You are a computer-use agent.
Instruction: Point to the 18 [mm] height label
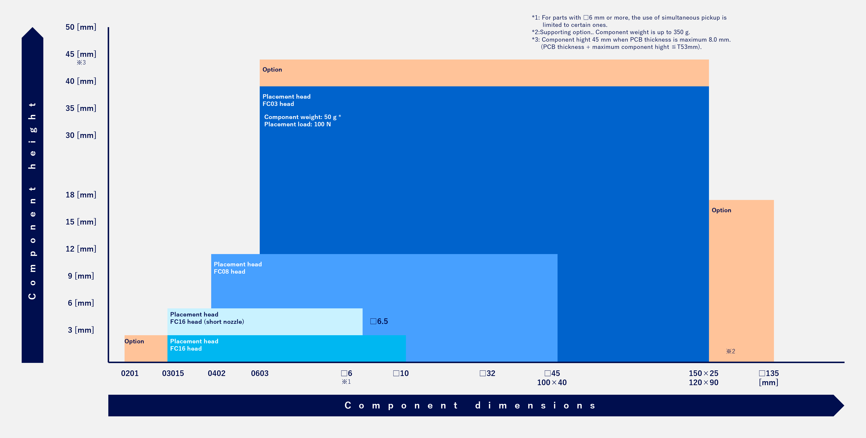pos(81,195)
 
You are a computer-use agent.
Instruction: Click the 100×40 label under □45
pos(552,383)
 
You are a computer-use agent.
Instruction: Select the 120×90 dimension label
pos(703,383)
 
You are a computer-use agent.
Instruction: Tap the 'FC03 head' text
pos(278,104)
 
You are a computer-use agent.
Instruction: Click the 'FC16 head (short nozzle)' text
pos(207,322)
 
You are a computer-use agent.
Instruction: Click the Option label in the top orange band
pos(272,69)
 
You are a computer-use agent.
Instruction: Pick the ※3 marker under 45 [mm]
pos(81,62)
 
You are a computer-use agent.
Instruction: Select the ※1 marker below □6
pos(346,382)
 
